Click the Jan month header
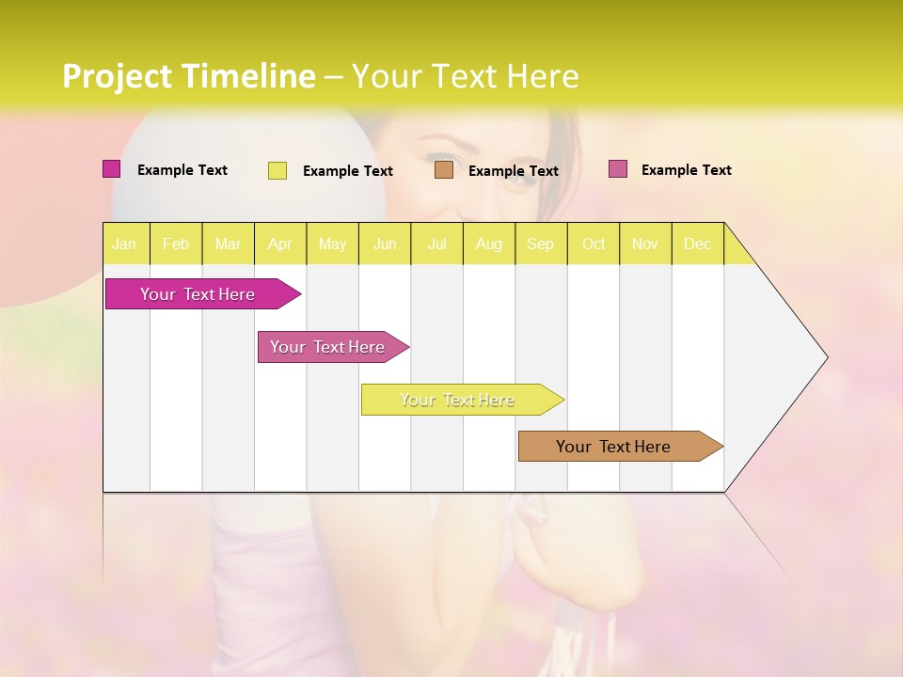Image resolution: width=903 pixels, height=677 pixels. tap(124, 244)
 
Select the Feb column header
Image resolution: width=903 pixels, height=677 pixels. tap(176, 244)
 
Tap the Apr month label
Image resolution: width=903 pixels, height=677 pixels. tap(280, 244)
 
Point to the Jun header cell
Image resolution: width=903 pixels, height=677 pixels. tap(385, 244)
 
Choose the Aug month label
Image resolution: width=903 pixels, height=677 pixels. tap(489, 244)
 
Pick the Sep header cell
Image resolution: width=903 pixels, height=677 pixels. tap(541, 244)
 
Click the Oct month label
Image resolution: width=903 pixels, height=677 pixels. tap(594, 244)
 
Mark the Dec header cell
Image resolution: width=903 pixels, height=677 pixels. tap(698, 244)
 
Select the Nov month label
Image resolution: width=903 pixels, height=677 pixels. tap(645, 244)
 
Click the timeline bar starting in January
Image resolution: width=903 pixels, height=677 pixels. tap(198, 294)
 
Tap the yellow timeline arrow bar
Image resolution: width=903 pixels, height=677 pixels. tap(457, 400)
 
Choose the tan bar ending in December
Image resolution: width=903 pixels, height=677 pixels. tap(613, 447)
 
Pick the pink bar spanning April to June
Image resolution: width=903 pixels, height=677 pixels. tap(327, 347)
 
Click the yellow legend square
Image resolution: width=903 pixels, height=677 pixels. tap(277, 170)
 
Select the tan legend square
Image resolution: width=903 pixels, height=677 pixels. tap(444, 170)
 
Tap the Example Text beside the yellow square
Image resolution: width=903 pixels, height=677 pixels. tap(348, 171)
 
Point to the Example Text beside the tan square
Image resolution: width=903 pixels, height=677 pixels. tap(514, 171)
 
